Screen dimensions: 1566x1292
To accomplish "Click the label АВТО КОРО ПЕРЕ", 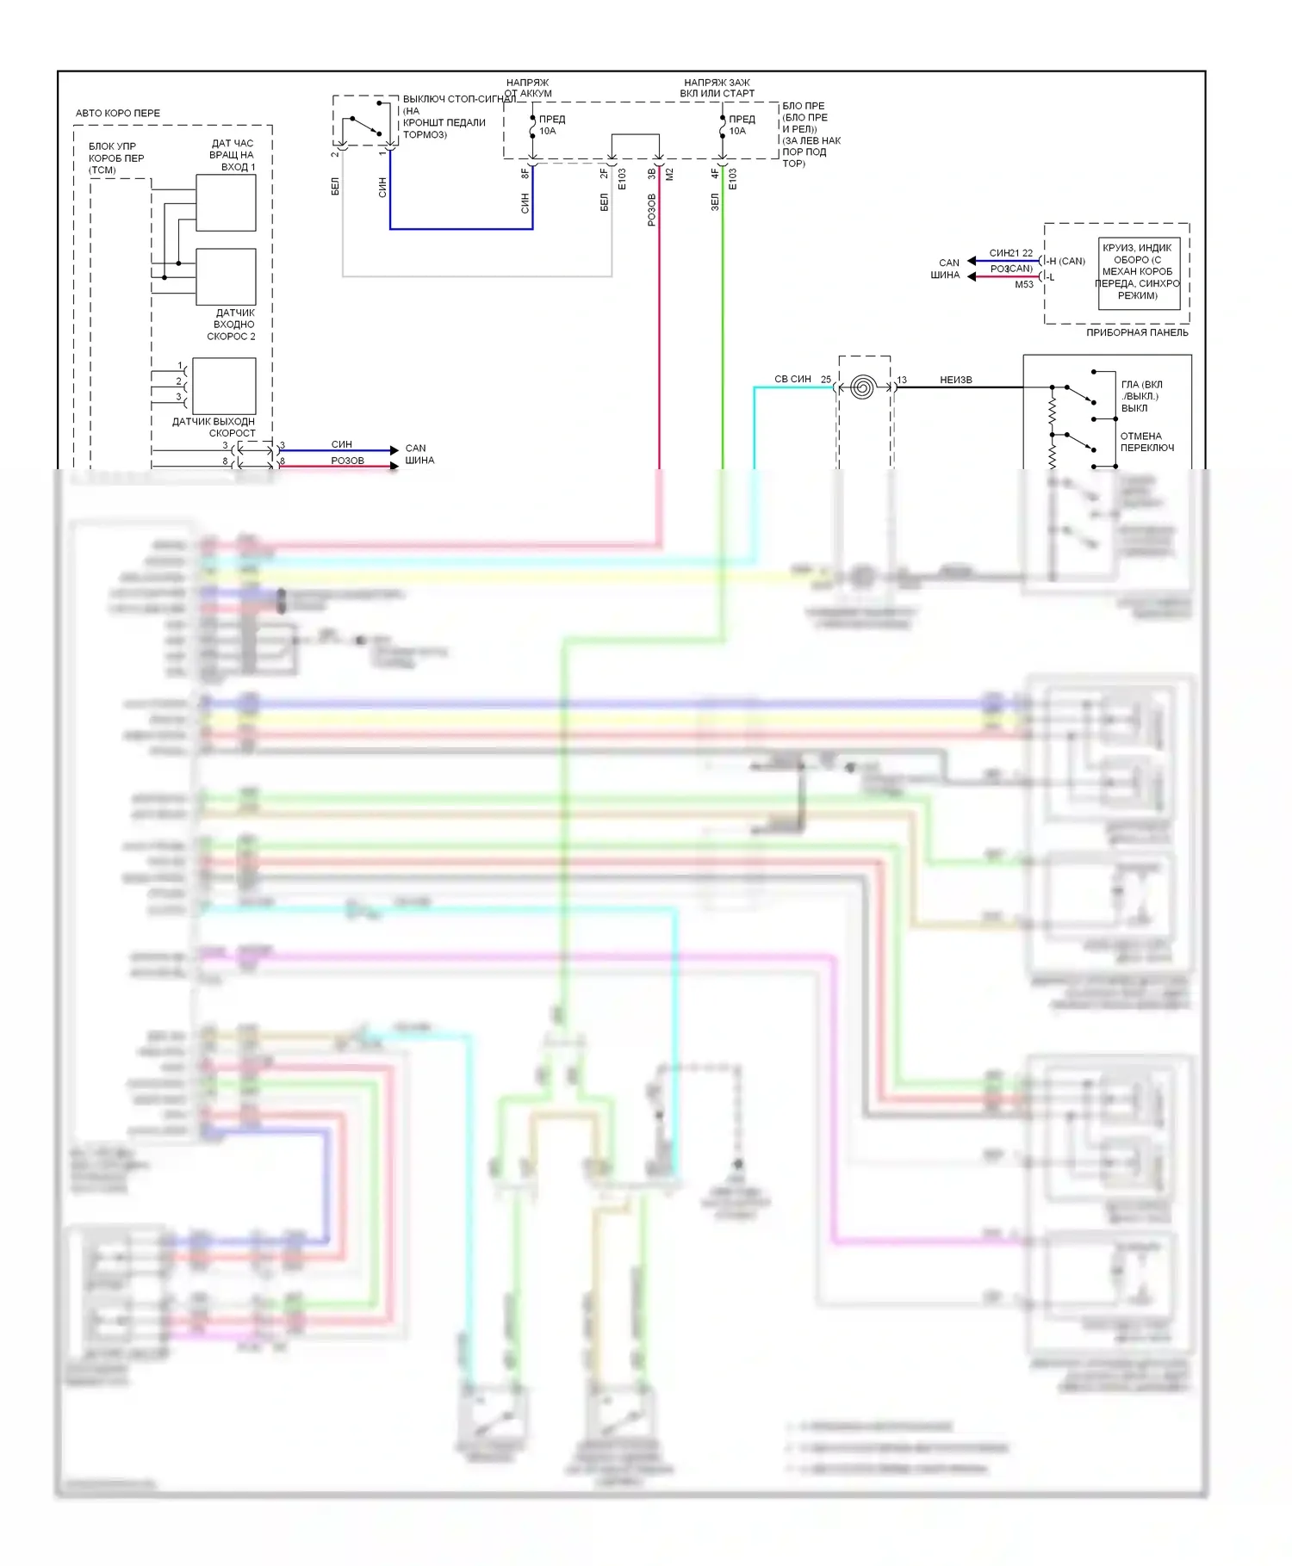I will pos(117,113).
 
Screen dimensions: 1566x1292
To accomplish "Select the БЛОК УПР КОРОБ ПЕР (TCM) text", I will pos(116,158).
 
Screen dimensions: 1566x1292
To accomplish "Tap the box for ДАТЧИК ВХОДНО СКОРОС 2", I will pos(226,276).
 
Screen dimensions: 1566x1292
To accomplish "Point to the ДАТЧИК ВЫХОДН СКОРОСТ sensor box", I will pos(224,386).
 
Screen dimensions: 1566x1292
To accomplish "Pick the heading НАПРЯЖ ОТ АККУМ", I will pos(527,88).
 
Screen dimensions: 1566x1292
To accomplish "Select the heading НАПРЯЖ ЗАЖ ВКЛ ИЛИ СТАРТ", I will pos(717,88).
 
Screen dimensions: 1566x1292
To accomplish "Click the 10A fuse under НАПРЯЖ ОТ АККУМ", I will pos(533,127).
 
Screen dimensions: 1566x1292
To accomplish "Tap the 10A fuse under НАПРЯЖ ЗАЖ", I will pos(723,127).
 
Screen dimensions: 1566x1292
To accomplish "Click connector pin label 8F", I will pos(525,173).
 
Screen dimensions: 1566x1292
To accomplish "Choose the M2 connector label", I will pos(669,174).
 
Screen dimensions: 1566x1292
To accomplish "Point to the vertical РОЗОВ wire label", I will pos(651,210).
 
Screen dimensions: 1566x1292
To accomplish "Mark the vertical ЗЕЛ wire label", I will pos(714,201).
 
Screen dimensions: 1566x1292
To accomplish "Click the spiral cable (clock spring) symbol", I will pos(862,387).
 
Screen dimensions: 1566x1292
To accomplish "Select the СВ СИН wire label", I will pos(792,379).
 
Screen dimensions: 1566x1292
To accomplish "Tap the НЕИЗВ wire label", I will pos(956,380).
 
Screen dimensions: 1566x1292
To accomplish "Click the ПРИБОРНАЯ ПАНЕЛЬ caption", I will pos(1137,332).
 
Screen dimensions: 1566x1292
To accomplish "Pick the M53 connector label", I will pos(1023,284).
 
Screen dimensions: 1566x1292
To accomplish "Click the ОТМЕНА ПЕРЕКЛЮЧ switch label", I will pos(1146,442).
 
